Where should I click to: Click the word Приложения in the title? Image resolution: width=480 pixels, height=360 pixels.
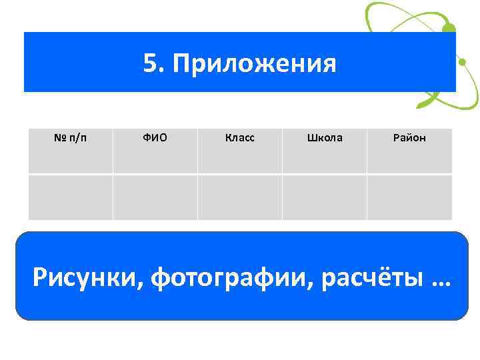point(254,65)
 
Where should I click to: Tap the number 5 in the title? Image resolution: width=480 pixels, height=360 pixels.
point(150,64)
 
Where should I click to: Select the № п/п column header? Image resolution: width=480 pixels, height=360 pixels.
point(70,139)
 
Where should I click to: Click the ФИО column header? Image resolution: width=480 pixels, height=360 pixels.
point(155,139)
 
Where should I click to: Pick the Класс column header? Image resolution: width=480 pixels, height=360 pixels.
point(239,139)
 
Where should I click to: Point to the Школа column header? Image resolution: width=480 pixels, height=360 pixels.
point(325,139)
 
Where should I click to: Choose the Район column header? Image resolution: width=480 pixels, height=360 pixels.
point(409,139)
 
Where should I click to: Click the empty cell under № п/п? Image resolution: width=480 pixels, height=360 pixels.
point(70,197)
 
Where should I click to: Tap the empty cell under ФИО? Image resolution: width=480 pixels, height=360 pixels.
point(155,197)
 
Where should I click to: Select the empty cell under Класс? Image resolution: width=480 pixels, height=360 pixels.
point(239,197)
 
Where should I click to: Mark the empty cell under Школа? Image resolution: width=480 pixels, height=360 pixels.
point(325,197)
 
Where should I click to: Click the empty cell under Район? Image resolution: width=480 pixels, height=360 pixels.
point(409,197)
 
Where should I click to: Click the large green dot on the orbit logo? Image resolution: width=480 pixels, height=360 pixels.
point(449,29)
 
